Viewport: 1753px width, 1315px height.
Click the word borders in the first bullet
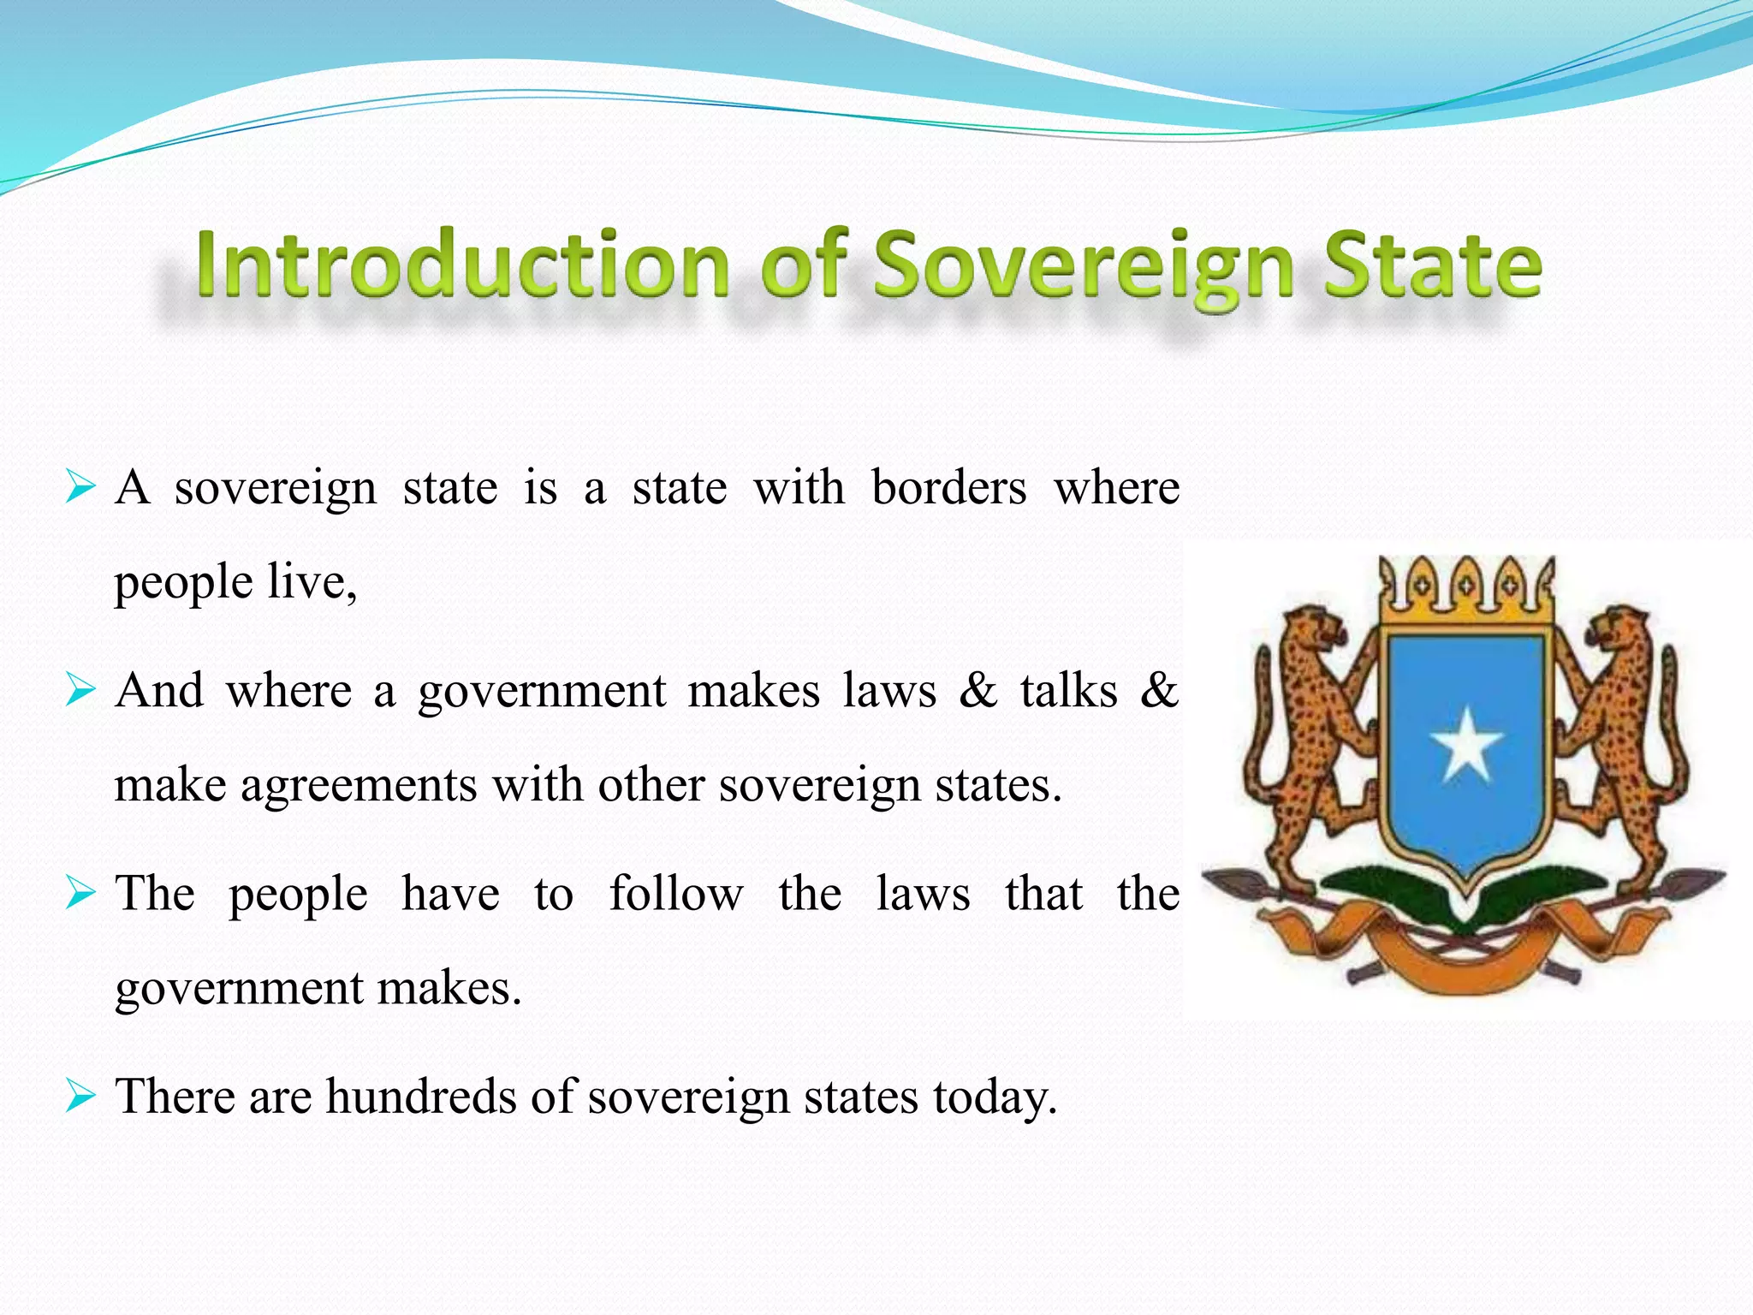(948, 488)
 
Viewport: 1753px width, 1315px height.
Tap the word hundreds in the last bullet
(420, 1096)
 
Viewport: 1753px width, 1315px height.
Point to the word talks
(1068, 690)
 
